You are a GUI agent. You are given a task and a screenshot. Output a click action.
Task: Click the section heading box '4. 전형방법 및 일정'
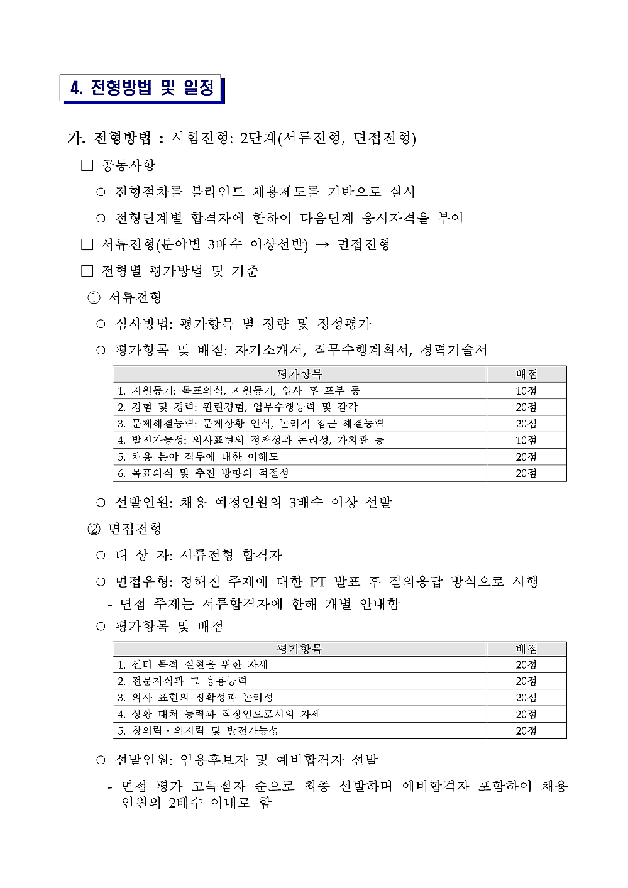(142, 87)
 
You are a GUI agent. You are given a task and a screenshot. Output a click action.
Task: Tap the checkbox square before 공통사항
(87, 165)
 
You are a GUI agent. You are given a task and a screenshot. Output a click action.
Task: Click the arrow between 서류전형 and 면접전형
(322, 245)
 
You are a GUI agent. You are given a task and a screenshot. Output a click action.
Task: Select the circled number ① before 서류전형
(94, 298)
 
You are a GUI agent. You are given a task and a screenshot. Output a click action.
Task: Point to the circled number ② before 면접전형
(94, 529)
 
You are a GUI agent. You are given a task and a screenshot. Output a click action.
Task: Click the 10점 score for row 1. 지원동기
(526, 391)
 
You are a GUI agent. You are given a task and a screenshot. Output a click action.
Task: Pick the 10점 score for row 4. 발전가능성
(526, 440)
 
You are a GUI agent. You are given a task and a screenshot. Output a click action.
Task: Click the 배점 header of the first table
(526, 374)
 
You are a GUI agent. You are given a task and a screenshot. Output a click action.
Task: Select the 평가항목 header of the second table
(299, 649)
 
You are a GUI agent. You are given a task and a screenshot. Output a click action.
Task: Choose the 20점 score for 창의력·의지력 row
(526, 731)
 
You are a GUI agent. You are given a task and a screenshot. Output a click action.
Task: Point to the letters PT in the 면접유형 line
(317, 582)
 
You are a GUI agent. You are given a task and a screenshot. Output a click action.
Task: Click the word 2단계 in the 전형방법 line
(258, 138)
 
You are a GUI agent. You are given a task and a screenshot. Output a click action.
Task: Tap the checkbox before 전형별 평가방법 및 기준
(87, 271)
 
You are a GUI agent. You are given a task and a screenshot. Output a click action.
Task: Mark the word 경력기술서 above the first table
(453, 350)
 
